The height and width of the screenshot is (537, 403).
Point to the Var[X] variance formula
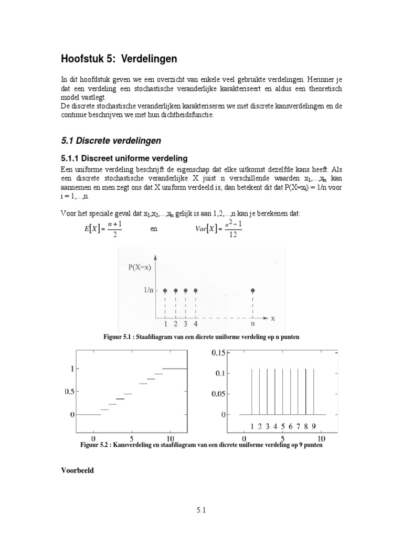click(217, 229)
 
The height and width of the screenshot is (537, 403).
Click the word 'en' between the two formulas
click(154, 229)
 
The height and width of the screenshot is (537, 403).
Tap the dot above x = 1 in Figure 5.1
click(165, 290)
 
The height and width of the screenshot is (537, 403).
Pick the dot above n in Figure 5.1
click(253, 290)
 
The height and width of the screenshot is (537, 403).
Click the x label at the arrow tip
click(273, 318)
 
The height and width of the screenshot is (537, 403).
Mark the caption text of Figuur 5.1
click(201, 337)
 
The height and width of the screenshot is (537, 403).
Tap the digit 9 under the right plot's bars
click(313, 425)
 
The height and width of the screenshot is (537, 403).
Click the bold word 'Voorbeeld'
click(78, 470)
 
